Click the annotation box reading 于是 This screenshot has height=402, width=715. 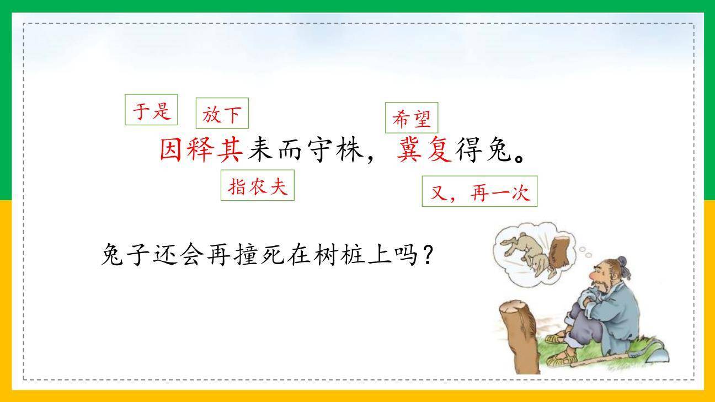pos(151,110)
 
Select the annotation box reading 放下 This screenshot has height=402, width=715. pos(222,114)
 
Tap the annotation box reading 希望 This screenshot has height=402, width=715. pos(412,118)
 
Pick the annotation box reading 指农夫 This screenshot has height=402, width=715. pos(257,186)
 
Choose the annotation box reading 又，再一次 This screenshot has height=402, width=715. pos(479,191)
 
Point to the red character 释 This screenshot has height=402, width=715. pos(201,149)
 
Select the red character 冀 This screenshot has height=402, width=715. pos(409,149)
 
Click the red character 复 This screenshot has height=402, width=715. pos(439,149)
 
